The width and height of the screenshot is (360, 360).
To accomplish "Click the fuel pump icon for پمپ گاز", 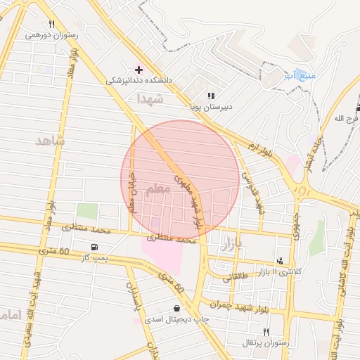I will [94, 247].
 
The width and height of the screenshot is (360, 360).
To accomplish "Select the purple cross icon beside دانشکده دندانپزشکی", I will [139, 69].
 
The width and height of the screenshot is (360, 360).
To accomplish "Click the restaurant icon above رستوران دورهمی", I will [51, 24].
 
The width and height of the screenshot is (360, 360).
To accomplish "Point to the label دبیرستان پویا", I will [211, 108].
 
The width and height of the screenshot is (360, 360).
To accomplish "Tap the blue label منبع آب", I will [300, 75].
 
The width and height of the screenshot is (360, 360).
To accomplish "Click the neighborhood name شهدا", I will [150, 98].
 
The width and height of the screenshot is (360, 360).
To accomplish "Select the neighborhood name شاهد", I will [50, 141].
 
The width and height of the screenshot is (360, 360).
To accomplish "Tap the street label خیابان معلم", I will [131, 195].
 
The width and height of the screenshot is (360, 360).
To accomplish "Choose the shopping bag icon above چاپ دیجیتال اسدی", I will [176, 309].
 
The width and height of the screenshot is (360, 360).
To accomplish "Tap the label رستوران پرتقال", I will [265, 342].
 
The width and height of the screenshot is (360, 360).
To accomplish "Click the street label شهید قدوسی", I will [254, 191].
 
